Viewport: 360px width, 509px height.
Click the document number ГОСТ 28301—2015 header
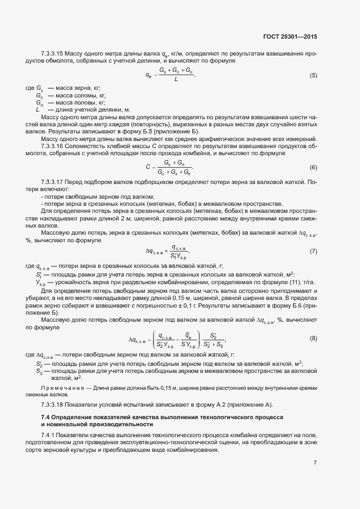tap(289, 37)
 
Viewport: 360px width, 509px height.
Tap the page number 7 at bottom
tap(315, 462)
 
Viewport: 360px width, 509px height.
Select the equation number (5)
tap(313, 75)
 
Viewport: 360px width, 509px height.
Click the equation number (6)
tap(313, 167)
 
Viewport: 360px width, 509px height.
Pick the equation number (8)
tap(313, 339)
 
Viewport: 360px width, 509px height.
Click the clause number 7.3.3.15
tap(53, 53)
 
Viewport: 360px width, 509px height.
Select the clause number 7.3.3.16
tap(53, 146)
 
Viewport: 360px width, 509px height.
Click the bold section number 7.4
tap(45, 416)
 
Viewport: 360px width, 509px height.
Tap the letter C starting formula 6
tap(147, 167)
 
